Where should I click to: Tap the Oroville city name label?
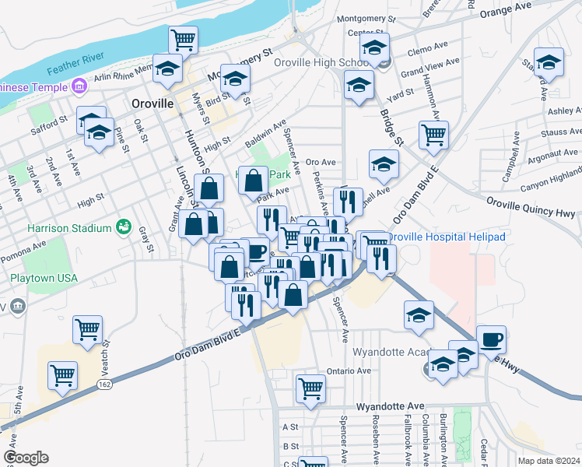152,103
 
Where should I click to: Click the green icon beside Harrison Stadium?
123,227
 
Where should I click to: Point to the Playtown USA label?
44,278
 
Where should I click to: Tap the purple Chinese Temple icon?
78,86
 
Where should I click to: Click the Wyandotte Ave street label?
390,406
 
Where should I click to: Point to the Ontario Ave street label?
345,370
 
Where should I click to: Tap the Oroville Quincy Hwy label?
531,211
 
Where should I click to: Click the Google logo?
26,458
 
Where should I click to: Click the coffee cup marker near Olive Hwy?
491,340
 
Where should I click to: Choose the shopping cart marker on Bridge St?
433,134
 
